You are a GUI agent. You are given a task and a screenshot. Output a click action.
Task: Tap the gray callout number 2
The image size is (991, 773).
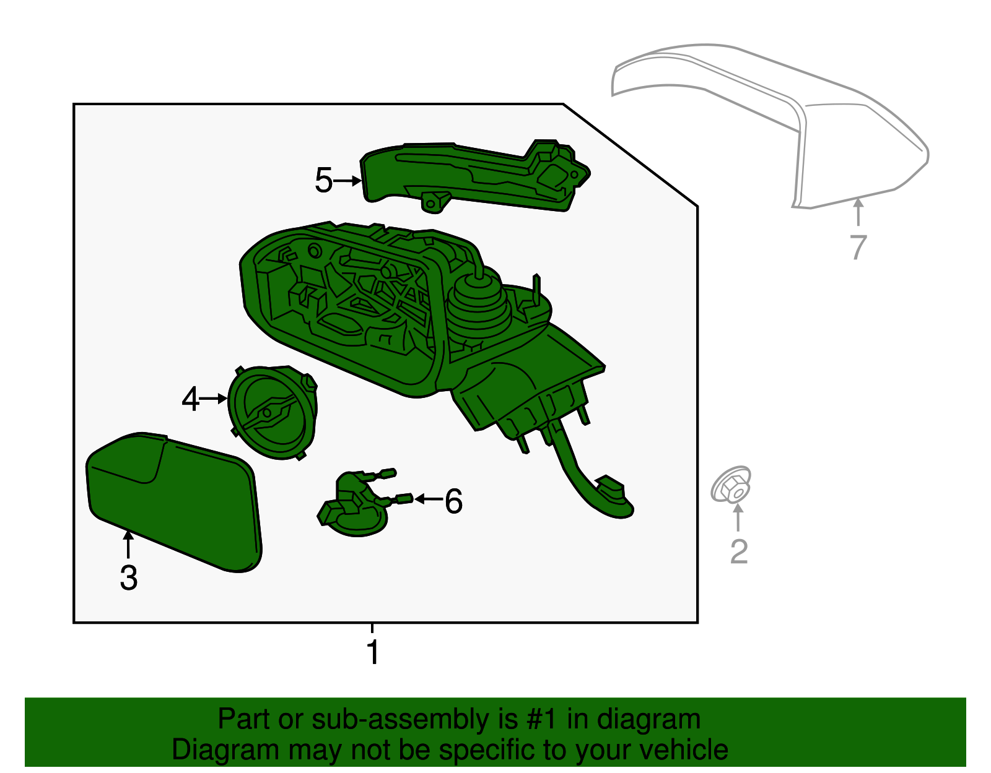[x=739, y=551]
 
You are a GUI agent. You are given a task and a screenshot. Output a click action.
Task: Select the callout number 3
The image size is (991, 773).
[x=129, y=577]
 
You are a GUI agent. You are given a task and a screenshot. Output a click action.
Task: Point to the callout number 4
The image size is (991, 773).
[x=190, y=399]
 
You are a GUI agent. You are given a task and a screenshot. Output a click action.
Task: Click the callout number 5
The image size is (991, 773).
[x=323, y=180]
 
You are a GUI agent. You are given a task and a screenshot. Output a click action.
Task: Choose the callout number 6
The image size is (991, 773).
[x=453, y=501]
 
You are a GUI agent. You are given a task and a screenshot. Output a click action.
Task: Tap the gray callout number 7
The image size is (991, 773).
[x=858, y=248]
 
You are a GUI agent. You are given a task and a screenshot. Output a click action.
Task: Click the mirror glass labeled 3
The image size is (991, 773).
[x=174, y=501]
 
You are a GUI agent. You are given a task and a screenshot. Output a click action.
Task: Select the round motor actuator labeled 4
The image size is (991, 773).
[x=273, y=412]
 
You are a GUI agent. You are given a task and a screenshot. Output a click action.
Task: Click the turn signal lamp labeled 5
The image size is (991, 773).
[x=474, y=177]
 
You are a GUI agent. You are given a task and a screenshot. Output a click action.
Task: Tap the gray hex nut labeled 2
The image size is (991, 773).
[x=731, y=485]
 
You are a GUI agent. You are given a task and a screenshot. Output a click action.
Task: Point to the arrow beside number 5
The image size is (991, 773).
[x=347, y=181]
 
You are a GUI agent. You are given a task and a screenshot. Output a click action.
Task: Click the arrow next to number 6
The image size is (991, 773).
[x=429, y=499]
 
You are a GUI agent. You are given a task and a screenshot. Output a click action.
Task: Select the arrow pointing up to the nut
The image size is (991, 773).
[x=738, y=518]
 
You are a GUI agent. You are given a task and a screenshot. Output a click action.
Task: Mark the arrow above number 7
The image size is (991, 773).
[x=858, y=212]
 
